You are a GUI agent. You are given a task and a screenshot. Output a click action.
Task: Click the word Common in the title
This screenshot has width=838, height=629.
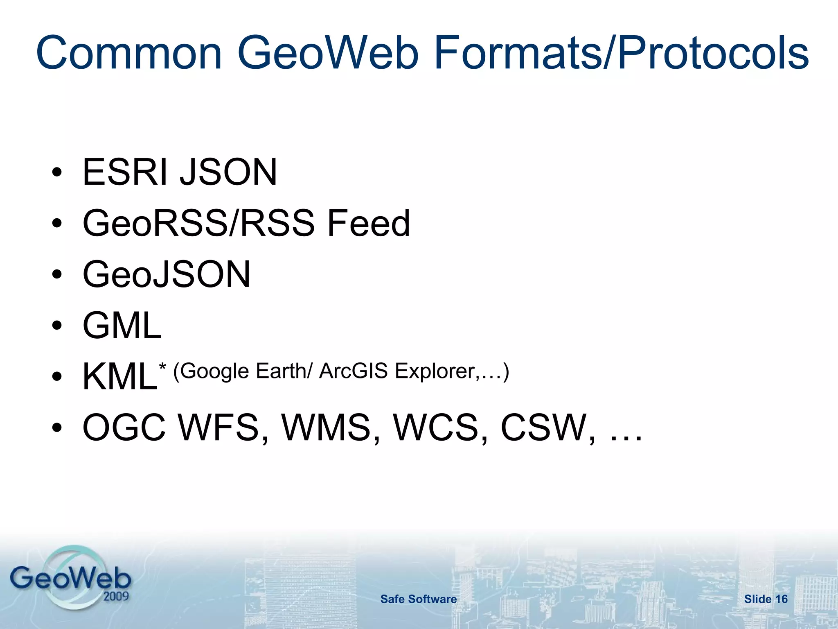tap(129, 53)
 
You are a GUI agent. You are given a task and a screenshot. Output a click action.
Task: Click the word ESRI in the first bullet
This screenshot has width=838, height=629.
tap(125, 172)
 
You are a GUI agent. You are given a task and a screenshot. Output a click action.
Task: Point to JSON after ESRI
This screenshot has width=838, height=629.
tap(229, 172)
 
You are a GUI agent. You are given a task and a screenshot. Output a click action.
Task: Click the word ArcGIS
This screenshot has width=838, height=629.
tap(353, 371)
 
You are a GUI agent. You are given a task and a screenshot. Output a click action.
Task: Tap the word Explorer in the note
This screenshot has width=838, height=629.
tap(435, 371)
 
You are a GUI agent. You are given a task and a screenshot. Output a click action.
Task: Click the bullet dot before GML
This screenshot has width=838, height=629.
tap(57, 326)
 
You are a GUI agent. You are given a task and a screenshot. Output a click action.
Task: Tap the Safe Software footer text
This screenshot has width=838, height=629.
tap(419, 599)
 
